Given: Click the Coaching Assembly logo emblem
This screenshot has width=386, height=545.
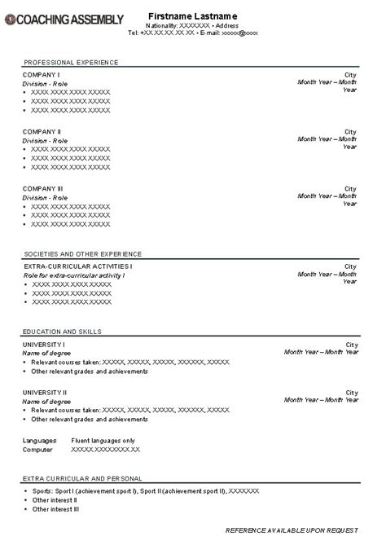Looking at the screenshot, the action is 9,18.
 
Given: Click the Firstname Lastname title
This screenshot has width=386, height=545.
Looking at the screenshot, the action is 192,16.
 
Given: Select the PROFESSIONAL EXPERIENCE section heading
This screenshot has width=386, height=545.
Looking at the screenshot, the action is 71,63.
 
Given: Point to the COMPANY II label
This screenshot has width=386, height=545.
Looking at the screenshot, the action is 42,131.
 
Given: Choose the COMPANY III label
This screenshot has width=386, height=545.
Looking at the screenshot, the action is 44,188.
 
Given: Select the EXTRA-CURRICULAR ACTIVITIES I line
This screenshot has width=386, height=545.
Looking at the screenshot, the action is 78,266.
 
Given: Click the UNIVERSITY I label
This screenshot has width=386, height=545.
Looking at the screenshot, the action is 45,344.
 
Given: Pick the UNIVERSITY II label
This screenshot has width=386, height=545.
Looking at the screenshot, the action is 46,392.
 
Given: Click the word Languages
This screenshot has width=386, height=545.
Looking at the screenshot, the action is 39,440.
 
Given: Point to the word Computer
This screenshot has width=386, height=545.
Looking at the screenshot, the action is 37,450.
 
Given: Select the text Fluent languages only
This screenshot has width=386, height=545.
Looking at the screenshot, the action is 103,440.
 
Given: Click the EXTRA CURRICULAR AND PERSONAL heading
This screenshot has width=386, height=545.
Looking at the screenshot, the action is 83,478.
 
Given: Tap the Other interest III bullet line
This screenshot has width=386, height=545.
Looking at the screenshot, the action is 55,509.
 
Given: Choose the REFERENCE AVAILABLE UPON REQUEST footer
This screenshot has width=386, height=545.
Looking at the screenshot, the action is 291,530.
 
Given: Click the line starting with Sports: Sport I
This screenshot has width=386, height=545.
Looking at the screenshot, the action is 145,490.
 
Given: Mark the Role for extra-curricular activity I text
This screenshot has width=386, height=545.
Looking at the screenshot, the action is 73,275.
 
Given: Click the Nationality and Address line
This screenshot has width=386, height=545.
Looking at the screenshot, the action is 192,26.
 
